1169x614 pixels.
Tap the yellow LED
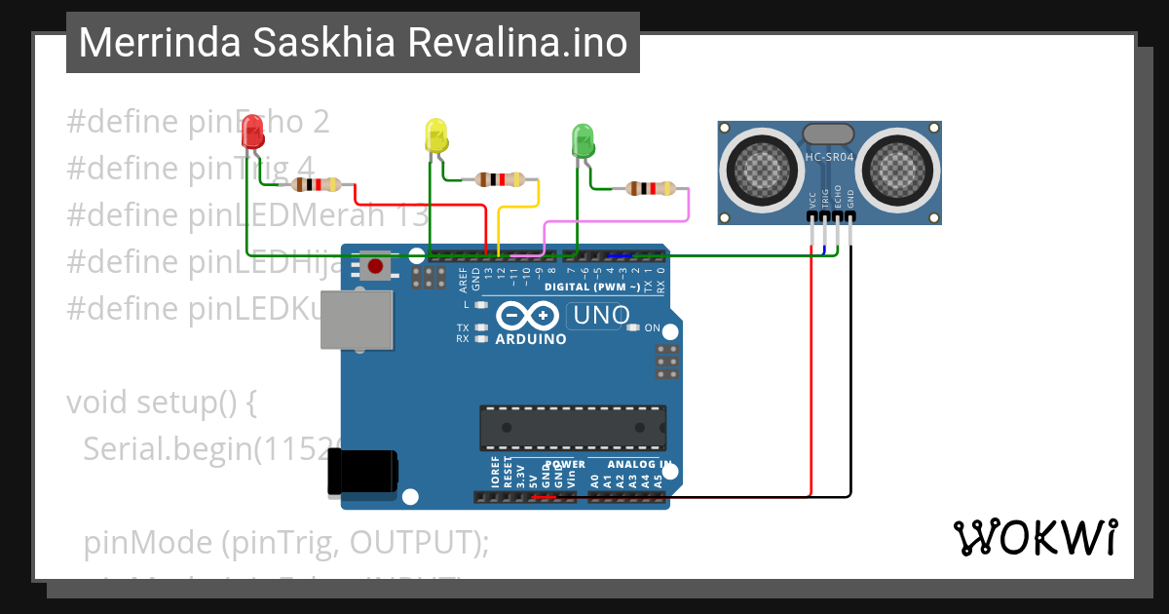point(435,135)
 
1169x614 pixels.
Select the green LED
point(583,140)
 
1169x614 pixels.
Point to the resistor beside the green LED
point(650,189)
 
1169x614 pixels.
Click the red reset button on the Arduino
point(375,264)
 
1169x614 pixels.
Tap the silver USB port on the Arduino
point(356,320)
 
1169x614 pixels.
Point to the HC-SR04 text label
point(830,157)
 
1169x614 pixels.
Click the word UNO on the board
point(601,315)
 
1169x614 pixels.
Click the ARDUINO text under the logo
point(531,339)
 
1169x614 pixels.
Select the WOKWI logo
point(1035,537)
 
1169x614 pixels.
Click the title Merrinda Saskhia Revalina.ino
point(353,43)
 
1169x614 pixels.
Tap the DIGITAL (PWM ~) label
point(591,287)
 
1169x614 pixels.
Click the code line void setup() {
point(161,402)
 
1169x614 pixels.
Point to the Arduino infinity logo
point(528,316)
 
